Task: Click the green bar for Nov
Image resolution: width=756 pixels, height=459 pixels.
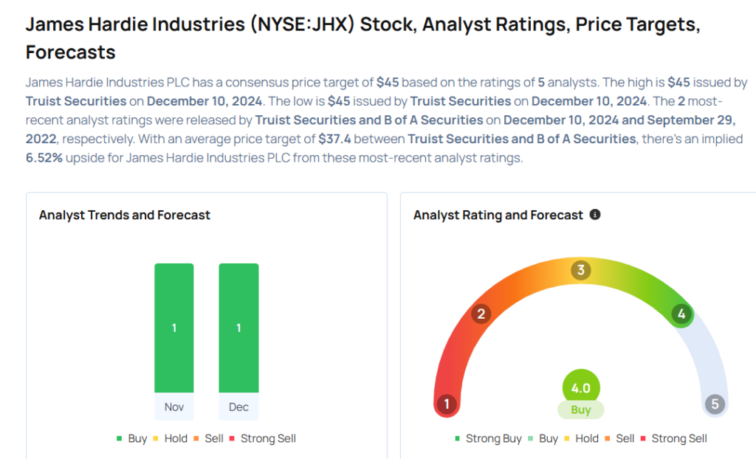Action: pos(174,328)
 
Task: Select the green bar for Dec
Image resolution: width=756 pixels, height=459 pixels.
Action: pos(238,328)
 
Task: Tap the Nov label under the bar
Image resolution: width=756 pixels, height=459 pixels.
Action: pos(174,407)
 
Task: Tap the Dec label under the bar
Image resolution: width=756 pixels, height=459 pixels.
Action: pos(238,407)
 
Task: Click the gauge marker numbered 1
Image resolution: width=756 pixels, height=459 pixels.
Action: pos(446,404)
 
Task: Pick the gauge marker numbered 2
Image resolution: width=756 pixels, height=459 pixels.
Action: pos(481,314)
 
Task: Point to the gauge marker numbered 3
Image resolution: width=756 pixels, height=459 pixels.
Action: pos(581,270)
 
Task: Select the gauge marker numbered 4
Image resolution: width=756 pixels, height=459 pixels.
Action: pos(681,314)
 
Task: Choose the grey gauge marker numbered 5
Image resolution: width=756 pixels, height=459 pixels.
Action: pos(715,404)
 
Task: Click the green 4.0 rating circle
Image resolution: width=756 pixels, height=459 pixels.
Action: pos(581,388)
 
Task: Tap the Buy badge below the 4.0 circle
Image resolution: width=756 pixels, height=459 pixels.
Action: pos(581,410)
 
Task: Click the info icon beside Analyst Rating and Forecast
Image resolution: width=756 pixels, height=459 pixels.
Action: pos(595,215)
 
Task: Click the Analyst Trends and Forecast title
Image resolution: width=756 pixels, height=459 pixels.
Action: pos(125,215)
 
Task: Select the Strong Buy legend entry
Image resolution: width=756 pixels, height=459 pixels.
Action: pos(488,438)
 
